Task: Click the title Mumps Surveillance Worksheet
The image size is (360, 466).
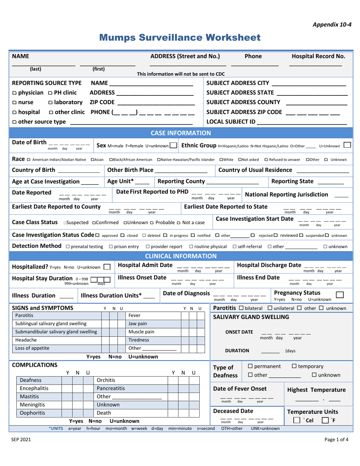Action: click(180, 38)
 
